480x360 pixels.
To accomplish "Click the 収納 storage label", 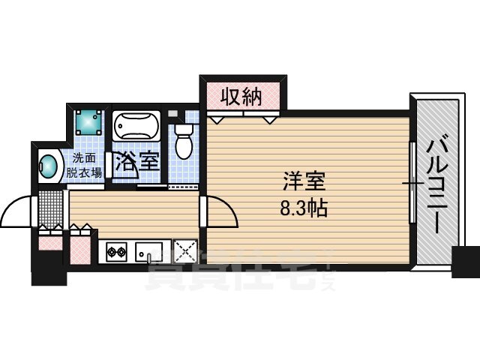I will (241, 95).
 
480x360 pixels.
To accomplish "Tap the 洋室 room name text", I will (303, 182).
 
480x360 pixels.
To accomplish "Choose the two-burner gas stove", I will (117, 250).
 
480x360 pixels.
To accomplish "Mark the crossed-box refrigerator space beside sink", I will (184, 250).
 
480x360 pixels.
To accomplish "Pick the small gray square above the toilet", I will (173, 113).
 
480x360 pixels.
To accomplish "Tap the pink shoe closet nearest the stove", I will (82, 247).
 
